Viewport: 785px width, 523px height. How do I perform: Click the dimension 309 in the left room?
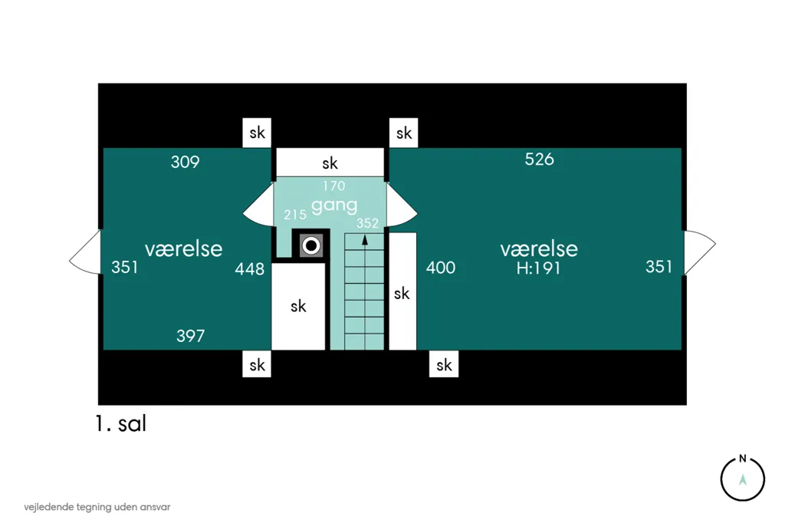click(x=186, y=162)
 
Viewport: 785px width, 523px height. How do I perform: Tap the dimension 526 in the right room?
click(x=539, y=160)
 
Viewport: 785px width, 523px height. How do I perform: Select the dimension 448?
click(x=249, y=269)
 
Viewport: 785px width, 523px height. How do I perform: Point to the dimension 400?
click(x=441, y=268)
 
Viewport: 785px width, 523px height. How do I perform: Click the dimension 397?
click(x=190, y=336)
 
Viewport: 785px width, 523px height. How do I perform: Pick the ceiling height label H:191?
click(x=539, y=268)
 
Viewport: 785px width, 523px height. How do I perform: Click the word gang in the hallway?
click(x=334, y=206)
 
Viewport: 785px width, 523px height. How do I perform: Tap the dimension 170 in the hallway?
click(x=334, y=186)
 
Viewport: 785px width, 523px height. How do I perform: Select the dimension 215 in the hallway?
click(x=295, y=215)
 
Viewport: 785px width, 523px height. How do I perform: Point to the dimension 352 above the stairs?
click(x=367, y=223)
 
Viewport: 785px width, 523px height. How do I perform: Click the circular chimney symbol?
click(x=311, y=246)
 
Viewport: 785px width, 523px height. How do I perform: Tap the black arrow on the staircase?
click(x=365, y=241)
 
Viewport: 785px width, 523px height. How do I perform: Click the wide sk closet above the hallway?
click(x=330, y=163)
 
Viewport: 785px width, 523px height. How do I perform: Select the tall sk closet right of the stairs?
click(x=402, y=291)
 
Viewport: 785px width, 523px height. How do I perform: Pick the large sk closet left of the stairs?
click(x=298, y=306)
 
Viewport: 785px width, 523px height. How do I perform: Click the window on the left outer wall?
click(x=85, y=252)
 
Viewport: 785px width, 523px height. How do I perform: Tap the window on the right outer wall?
click(x=700, y=252)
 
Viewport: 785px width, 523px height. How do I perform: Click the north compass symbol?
click(x=742, y=478)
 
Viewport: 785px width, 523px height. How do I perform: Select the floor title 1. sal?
click(x=120, y=424)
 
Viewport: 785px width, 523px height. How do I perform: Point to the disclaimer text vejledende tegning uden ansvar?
click(x=97, y=507)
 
